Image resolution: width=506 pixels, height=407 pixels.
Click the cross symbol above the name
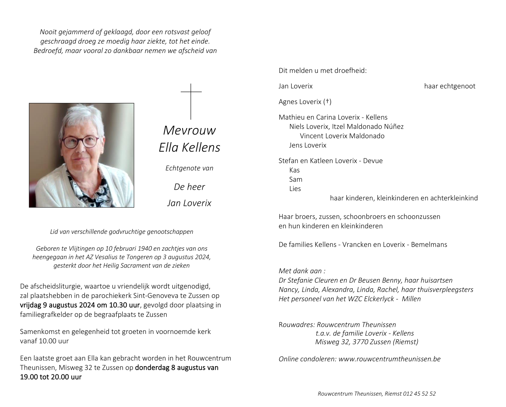pyautogui.click(x=191, y=101)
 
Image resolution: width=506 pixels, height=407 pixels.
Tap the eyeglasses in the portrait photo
pyautogui.click(x=80, y=141)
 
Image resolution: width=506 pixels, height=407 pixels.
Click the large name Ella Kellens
pyautogui.click(x=189, y=148)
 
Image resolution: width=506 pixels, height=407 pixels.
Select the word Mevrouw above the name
pyautogui.click(x=189, y=130)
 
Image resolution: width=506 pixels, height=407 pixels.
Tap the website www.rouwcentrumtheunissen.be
pyautogui.click(x=389, y=359)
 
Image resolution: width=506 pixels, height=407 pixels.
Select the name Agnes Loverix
pyautogui.click(x=300, y=102)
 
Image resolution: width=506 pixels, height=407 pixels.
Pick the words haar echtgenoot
pyautogui.click(x=450, y=86)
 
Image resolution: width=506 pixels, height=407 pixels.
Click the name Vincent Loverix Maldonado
pyautogui.click(x=342, y=136)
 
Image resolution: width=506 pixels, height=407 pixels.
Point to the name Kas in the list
pyautogui.click(x=294, y=170)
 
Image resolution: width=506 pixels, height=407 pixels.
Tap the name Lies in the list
pyautogui.click(x=295, y=189)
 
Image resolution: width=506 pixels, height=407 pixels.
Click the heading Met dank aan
pyautogui.click(x=302, y=271)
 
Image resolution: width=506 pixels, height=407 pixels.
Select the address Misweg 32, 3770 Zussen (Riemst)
pyautogui.click(x=367, y=342)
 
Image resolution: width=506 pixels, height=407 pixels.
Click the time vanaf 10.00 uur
pyautogui.click(x=44, y=341)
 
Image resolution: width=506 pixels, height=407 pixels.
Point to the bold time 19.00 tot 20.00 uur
pyautogui.click(x=51, y=377)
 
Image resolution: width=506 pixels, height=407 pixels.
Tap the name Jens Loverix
pyautogui.click(x=308, y=145)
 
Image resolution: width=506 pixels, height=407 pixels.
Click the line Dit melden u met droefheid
pyautogui.click(x=323, y=71)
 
